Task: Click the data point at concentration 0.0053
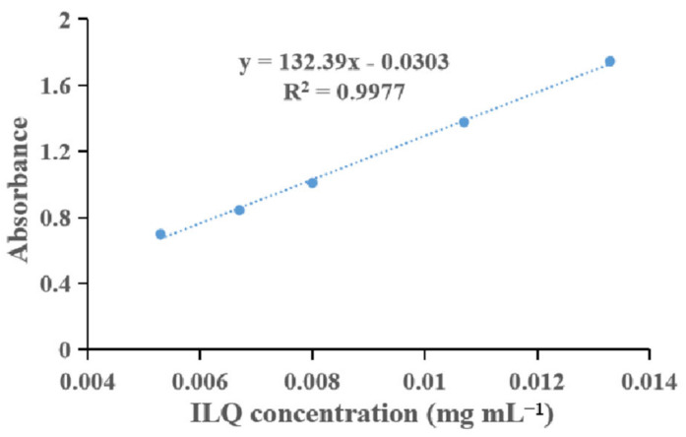pyautogui.click(x=160, y=234)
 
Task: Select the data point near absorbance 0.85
pyautogui.click(x=239, y=210)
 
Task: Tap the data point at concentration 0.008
pyautogui.click(x=312, y=182)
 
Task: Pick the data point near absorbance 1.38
pyautogui.click(x=464, y=122)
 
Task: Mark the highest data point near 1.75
pyautogui.click(x=610, y=61)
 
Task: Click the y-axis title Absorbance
pyautogui.click(x=19, y=184)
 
